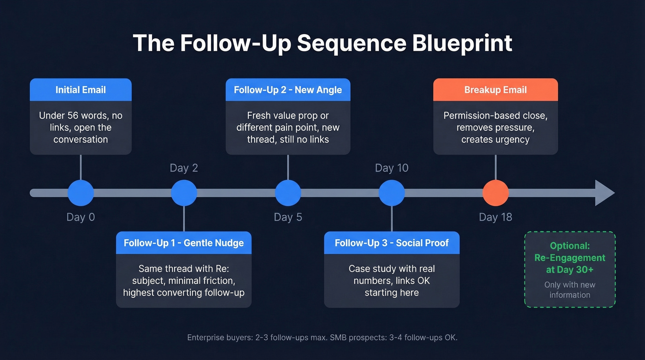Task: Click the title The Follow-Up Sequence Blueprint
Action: pyautogui.click(x=322, y=43)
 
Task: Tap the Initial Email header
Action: pyautogui.click(x=81, y=90)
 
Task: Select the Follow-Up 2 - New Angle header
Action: pyautogui.click(x=288, y=90)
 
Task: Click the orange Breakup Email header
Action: pyautogui.click(x=495, y=90)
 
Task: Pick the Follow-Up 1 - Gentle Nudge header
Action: pyautogui.click(x=184, y=243)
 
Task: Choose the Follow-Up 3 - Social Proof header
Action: pyautogui.click(x=392, y=243)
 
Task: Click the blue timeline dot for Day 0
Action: pyautogui.click(x=81, y=193)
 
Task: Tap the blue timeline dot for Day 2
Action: pyautogui.click(x=184, y=193)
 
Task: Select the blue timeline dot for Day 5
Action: pyautogui.click(x=288, y=193)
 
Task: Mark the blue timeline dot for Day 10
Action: pyautogui.click(x=392, y=193)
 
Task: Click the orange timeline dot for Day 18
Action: pyautogui.click(x=495, y=193)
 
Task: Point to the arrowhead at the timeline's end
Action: pyautogui.click(x=604, y=193)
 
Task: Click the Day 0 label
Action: pyautogui.click(x=81, y=217)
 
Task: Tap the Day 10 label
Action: pyautogui.click(x=392, y=168)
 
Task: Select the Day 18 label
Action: pyautogui.click(x=495, y=217)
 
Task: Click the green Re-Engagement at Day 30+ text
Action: pyautogui.click(x=570, y=258)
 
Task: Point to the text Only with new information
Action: pyautogui.click(x=570, y=290)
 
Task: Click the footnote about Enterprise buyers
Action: pyautogui.click(x=322, y=338)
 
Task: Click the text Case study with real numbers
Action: pyautogui.click(x=392, y=275)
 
